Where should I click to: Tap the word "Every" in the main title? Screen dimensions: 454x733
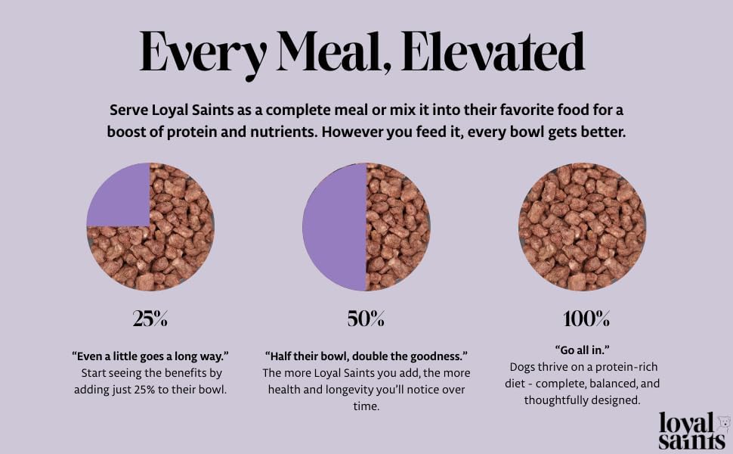coord(203,54)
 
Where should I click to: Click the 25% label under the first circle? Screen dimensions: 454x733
coord(150,319)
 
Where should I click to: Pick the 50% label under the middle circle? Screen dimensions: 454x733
coord(366,319)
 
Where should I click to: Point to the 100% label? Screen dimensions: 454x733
coord(586,319)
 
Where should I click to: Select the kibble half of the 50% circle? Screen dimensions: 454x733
coord(397,227)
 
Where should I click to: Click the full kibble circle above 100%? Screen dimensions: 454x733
coord(582,227)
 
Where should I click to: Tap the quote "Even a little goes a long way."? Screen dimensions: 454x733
coord(150,356)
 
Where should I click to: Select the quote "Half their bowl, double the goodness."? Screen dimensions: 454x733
coord(366,356)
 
